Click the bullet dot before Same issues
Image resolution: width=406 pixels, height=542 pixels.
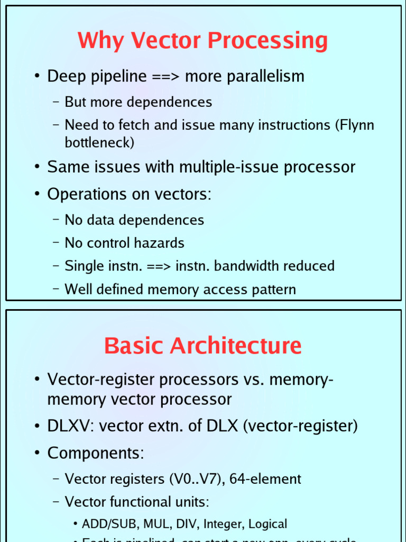tap(37, 167)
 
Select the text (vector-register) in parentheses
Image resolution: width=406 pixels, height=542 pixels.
tap(300, 426)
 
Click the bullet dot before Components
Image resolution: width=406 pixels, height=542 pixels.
tap(37, 454)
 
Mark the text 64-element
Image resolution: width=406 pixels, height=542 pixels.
tap(265, 480)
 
